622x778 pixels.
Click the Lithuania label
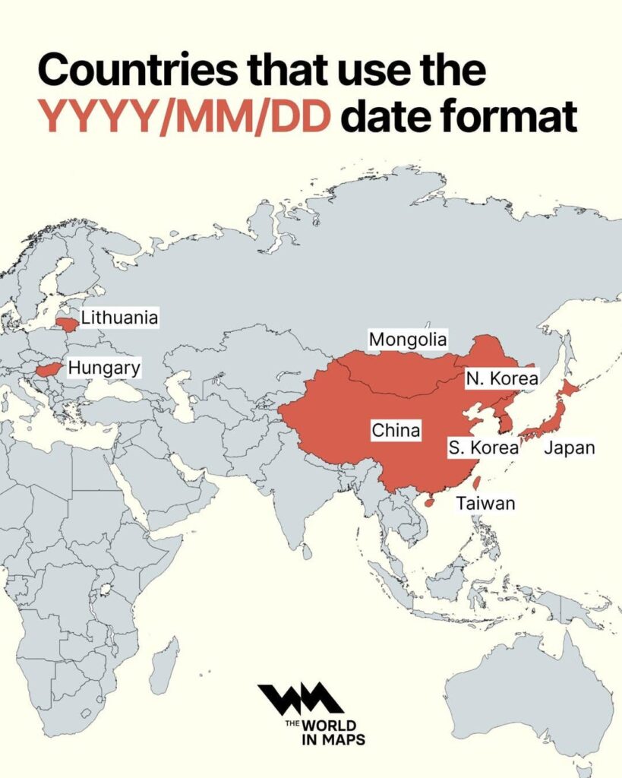119,318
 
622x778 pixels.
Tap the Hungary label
104,368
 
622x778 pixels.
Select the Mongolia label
408,339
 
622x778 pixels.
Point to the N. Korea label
502,378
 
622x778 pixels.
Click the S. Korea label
483,448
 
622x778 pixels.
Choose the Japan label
569,448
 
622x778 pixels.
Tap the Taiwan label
486,502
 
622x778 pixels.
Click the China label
396,431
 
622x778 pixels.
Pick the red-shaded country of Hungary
49,370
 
